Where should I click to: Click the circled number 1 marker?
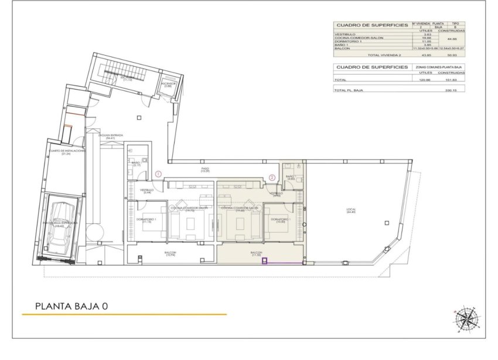tap(159, 174)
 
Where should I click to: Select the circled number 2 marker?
tap(272, 177)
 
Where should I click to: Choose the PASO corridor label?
tap(205, 169)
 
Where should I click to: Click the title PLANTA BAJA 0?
tap(71, 305)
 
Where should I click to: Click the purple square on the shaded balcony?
tap(264, 261)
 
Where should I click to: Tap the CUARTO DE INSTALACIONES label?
tap(67, 152)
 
